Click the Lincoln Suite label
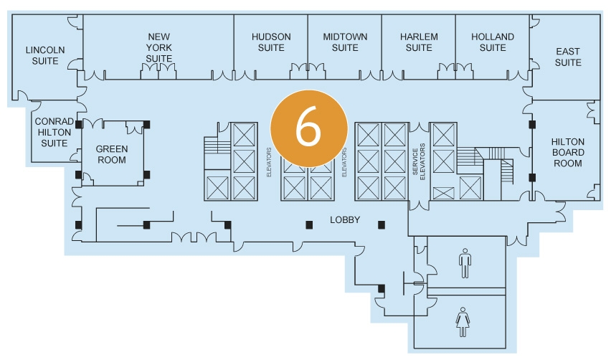pos(45,56)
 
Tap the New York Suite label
pos(158,47)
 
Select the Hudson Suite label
pos(271,42)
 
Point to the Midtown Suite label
pos(345,42)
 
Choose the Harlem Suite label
pos(419,42)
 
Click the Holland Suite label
pos(493,42)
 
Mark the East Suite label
pos(568,57)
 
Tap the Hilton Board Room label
pos(568,152)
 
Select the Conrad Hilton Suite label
pos(54,132)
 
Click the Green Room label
pos(111,154)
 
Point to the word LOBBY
pos(344,220)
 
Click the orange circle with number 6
pos(308,128)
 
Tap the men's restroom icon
pos(465,263)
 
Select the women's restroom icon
pos(461,322)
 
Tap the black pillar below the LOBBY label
pos(310,224)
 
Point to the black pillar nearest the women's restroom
pos(382,288)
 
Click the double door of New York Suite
pos(158,70)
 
